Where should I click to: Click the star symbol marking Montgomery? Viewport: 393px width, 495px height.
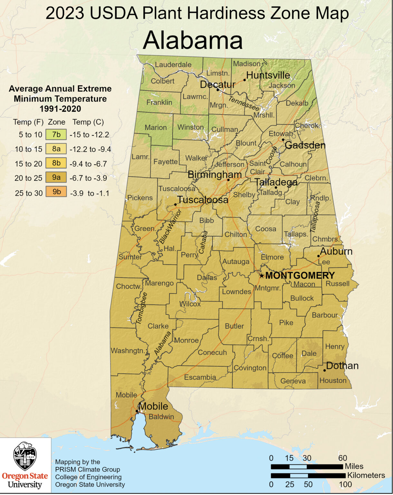pyautogui.click(x=262, y=276)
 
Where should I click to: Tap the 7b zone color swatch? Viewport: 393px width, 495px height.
pyautogui.click(x=56, y=135)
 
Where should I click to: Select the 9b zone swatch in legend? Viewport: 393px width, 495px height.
pyautogui.click(x=56, y=192)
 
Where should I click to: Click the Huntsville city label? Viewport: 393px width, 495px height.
pyautogui.click(x=268, y=75)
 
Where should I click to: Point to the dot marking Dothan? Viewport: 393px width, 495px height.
pyautogui.click(x=324, y=370)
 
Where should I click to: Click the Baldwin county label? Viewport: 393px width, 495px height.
pyautogui.click(x=161, y=417)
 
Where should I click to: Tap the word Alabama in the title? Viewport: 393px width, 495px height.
pyautogui.click(x=193, y=41)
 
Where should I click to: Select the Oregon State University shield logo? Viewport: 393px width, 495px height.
pyautogui.click(x=25, y=456)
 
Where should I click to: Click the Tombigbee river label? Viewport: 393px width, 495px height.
pyautogui.click(x=141, y=308)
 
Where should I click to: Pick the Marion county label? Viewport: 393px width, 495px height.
pyautogui.click(x=156, y=128)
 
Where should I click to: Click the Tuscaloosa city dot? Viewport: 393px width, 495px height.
pyautogui.click(x=175, y=205)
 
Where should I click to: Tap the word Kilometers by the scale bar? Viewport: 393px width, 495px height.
pyautogui.click(x=366, y=475)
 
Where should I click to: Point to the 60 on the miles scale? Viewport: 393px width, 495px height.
pyautogui.click(x=342, y=458)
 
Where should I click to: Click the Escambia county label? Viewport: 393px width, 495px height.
pyautogui.click(x=200, y=377)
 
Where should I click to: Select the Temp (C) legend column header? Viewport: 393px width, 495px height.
pyautogui.click(x=88, y=122)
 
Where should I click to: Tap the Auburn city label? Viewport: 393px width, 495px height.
pyautogui.click(x=336, y=251)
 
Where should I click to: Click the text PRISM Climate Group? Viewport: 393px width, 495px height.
pyautogui.click(x=88, y=470)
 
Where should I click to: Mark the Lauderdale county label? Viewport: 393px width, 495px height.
pyautogui.click(x=173, y=64)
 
